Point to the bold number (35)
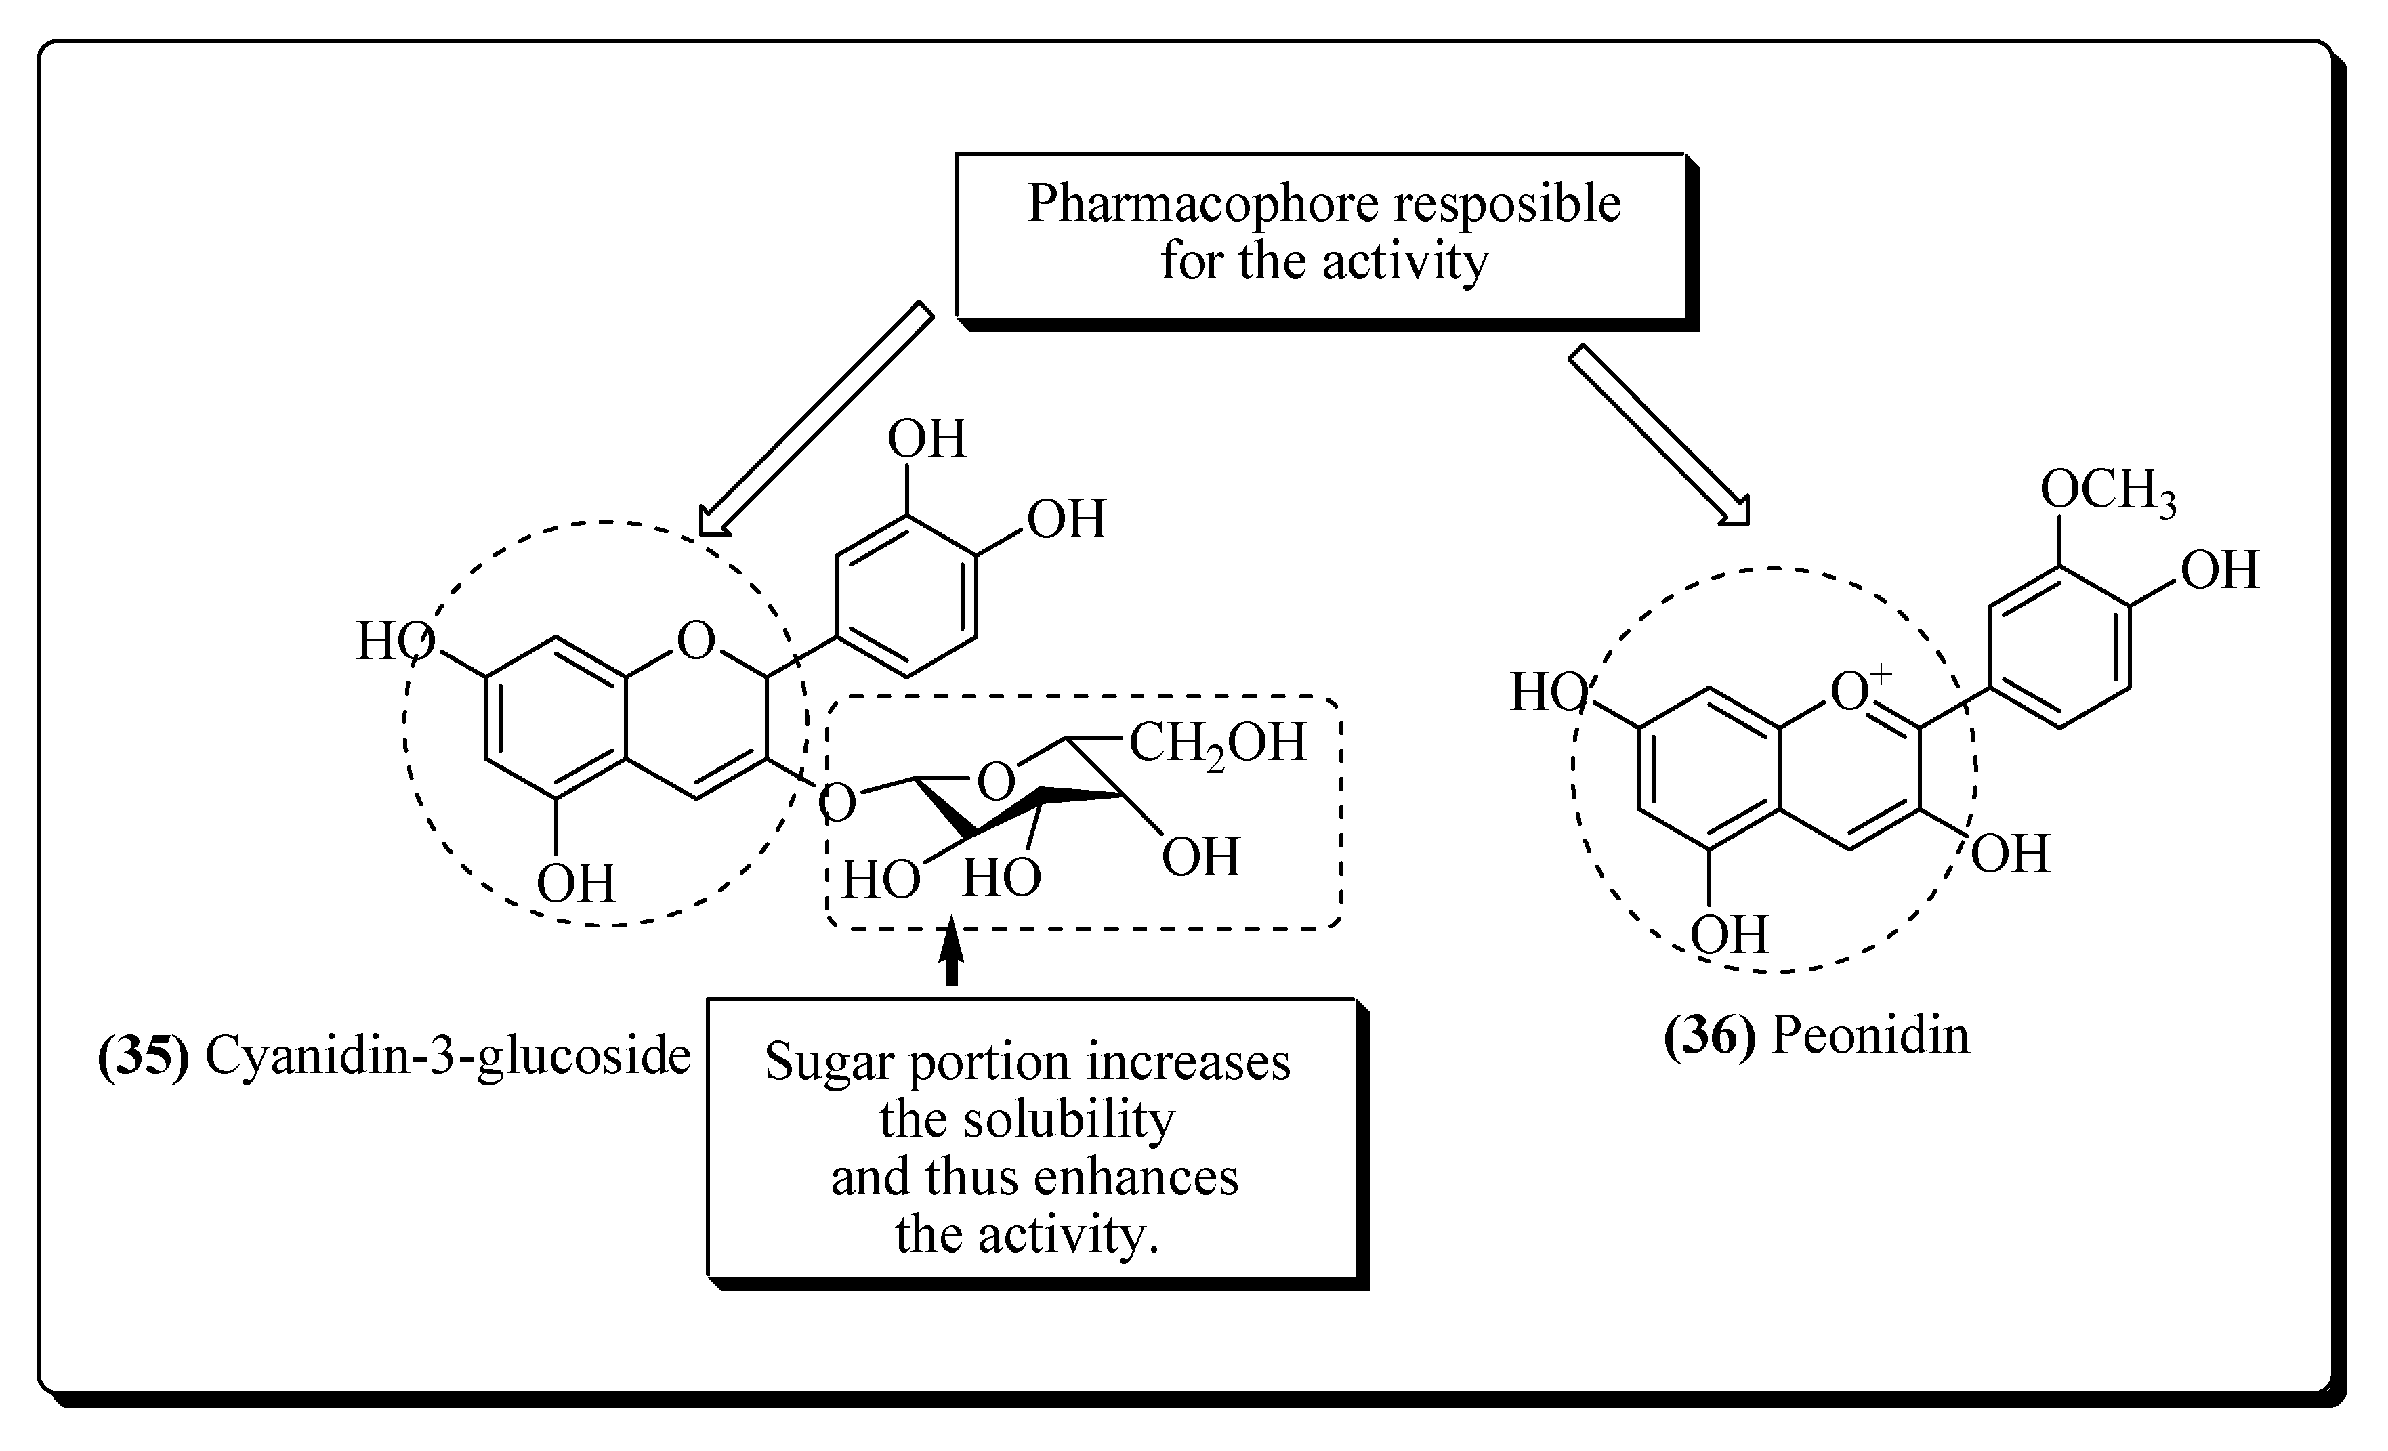coord(144,1055)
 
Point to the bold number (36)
coord(1710,1036)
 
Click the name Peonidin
coord(1870,1036)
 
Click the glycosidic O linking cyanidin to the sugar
coord(837,803)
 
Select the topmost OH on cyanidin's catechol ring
coord(927,439)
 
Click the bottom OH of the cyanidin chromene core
coord(576,883)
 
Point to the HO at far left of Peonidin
coord(1548,694)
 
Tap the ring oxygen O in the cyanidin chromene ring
coord(696,641)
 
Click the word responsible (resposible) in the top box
coord(1507,205)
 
